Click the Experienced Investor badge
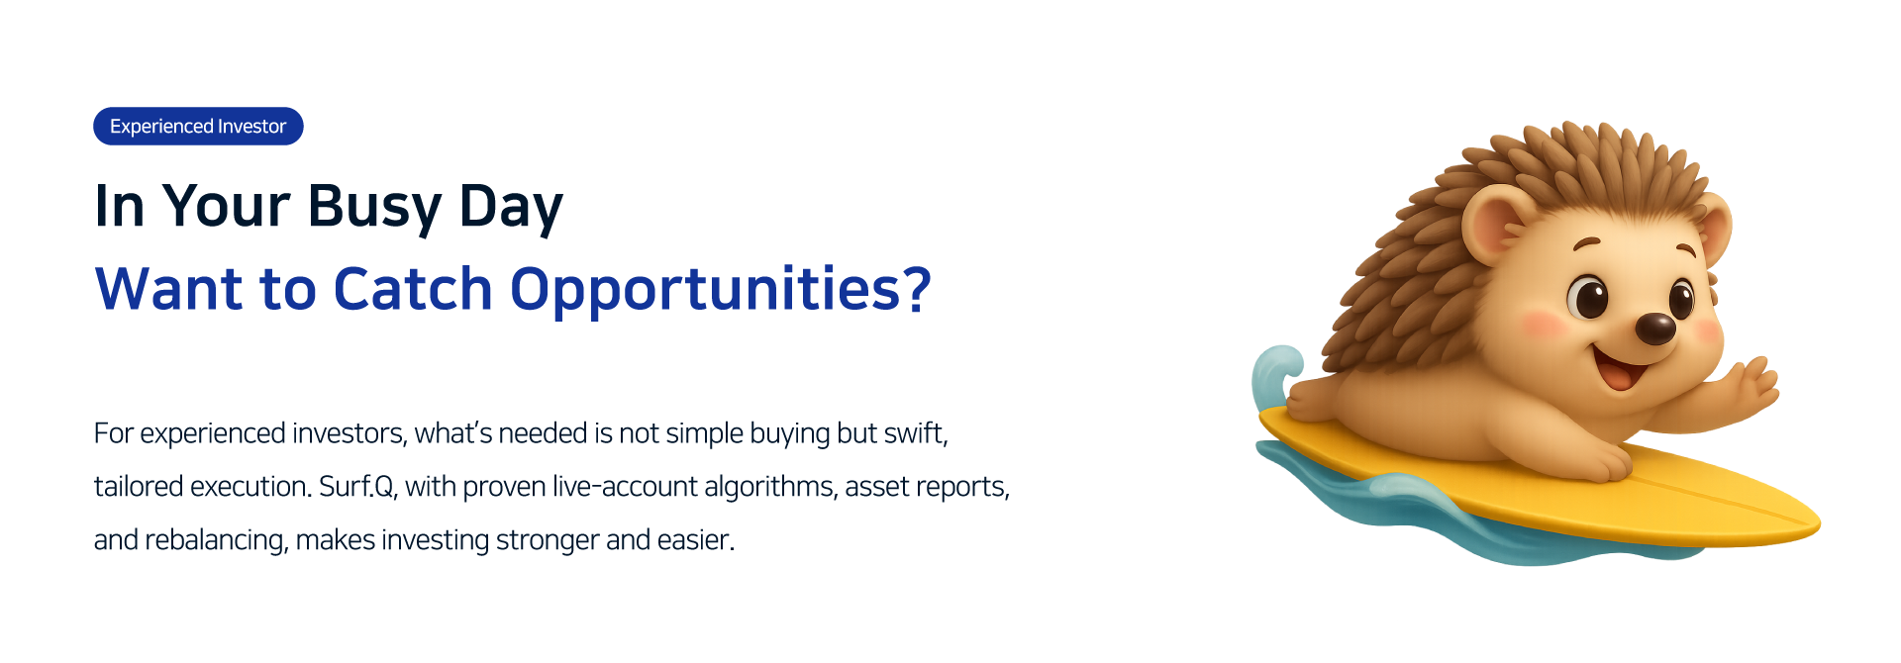click(198, 126)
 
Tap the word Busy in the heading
click(374, 207)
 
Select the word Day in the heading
click(511, 207)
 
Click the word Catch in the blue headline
click(413, 289)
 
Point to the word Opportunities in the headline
click(705, 291)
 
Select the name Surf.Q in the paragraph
click(356, 487)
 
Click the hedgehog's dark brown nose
click(1654, 329)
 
